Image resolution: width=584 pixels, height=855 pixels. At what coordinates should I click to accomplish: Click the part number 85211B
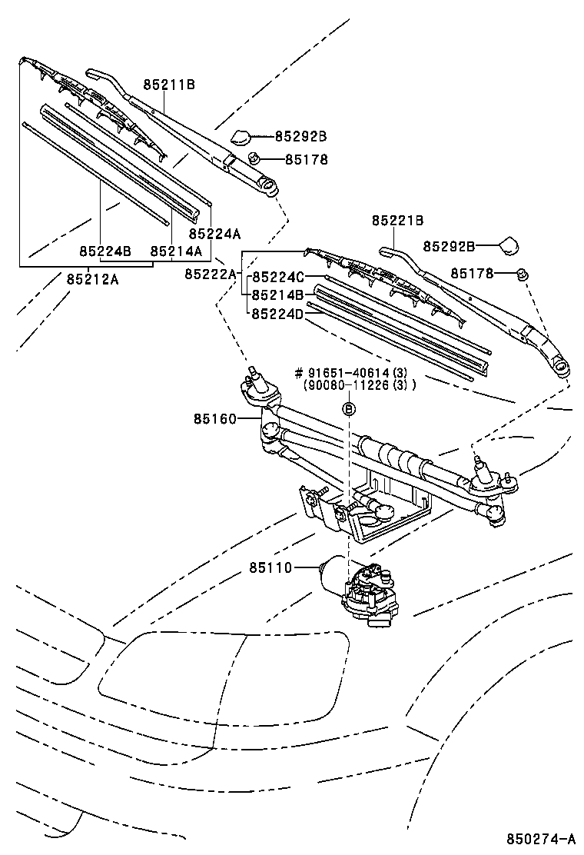[x=168, y=85]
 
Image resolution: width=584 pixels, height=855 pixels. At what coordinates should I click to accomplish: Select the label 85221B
[x=397, y=221]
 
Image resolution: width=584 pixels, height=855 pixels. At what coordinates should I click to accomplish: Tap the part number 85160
[x=215, y=419]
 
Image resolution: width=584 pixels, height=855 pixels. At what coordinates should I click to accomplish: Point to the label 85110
[x=270, y=568]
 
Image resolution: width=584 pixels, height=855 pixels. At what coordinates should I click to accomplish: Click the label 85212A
[x=91, y=280]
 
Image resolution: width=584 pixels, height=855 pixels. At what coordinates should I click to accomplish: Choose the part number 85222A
[x=211, y=274]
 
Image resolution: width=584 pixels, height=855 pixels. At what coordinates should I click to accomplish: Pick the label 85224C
[x=279, y=278]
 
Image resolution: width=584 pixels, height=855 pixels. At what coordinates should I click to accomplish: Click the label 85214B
[x=279, y=294]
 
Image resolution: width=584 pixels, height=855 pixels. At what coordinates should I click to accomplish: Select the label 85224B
[x=105, y=251]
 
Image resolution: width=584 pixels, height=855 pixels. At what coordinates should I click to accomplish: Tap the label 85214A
[x=176, y=251]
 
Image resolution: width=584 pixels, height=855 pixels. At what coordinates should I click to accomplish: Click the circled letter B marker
[x=348, y=409]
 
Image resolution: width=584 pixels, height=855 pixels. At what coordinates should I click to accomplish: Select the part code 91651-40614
[x=356, y=374]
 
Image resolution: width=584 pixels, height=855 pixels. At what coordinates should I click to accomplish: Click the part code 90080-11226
[x=355, y=386]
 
